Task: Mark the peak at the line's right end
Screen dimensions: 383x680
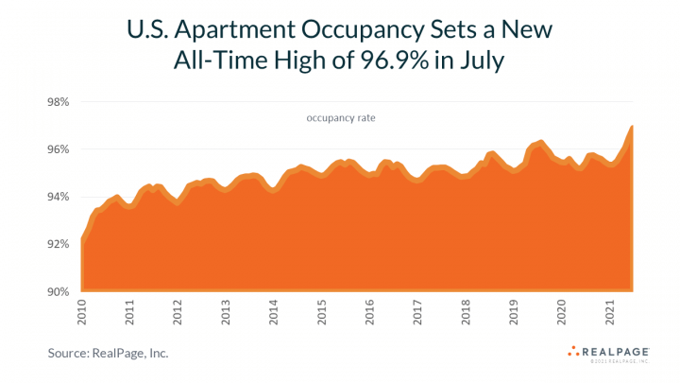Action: pyautogui.click(x=631, y=126)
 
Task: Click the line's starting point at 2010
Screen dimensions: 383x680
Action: pyautogui.click(x=82, y=239)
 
